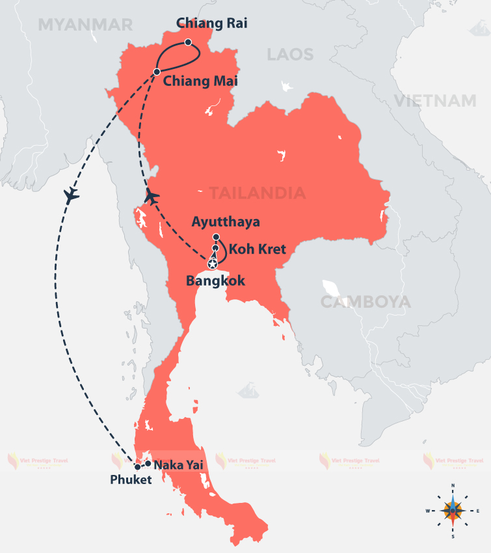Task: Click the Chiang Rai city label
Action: [x=212, y=23]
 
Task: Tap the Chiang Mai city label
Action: [x=200, y=81]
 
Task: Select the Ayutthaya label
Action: [x=226, y=222]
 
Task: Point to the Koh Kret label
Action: [x=257, y=249]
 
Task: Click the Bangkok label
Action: [x=215, y=281]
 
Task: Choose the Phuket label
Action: [x=131, y=480]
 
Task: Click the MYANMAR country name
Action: [x=85, y=25]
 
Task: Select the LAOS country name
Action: [x=290, y=54]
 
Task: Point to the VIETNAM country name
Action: [x=434, y=100]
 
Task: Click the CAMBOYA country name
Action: [x=365, y=302]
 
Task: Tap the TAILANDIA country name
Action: [x=257, y=193]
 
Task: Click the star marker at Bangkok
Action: [x=212, y=264]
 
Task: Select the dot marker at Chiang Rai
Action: [x=188, y=42]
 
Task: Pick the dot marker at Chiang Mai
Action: [x=157, y=72]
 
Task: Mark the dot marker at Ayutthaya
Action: [x=216, y=237]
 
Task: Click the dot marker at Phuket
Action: [x=137, y=466]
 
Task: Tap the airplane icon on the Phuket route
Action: [x=72, y=195]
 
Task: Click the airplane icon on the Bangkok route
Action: [x=152, y=195]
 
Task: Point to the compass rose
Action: [x=453, y=511]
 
